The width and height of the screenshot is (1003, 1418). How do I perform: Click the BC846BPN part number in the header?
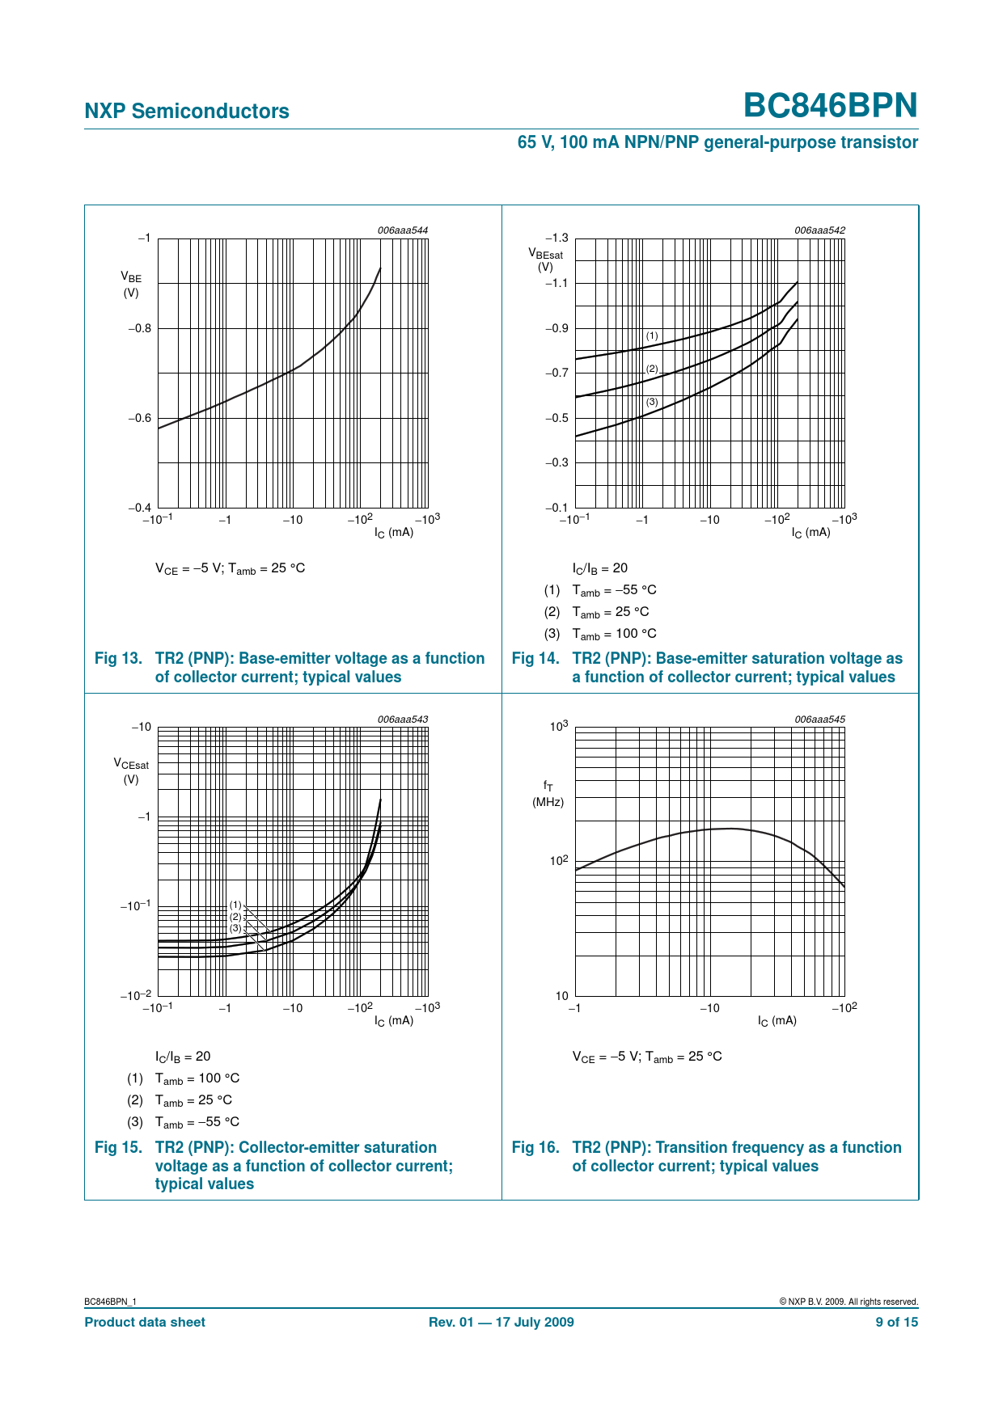point(830,106)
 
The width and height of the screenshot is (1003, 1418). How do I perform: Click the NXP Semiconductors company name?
point(187,112)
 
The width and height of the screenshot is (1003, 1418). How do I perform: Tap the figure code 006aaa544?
point(402,230)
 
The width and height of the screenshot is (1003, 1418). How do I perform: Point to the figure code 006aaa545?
point(819,720)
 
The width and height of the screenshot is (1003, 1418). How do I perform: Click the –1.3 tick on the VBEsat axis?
point(557,238)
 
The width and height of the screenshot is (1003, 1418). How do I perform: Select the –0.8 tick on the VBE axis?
point(139,328)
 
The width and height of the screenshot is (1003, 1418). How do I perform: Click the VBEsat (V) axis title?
point(546,260)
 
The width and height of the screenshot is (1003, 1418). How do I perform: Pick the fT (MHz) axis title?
point(548,793)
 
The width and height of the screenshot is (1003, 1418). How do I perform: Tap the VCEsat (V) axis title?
point(131,771)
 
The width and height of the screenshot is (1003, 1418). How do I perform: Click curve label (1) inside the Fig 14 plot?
point(652,336)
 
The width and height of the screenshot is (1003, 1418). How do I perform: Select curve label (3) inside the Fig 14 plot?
point(652,402)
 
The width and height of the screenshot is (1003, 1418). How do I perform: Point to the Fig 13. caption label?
point(119,659)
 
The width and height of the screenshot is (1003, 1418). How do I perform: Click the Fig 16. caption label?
point(535,1148)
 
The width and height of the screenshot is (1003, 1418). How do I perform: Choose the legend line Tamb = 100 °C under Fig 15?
point(197,1078)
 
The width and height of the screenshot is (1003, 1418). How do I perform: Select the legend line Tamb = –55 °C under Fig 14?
point(614,590)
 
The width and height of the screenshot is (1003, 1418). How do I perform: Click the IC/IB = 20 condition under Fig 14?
point(599,568)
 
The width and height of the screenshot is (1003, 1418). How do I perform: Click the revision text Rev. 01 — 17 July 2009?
point(501,1323)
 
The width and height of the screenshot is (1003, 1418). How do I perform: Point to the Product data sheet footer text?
point(145,1323)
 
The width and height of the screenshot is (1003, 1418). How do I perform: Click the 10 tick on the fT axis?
point(561,996)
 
